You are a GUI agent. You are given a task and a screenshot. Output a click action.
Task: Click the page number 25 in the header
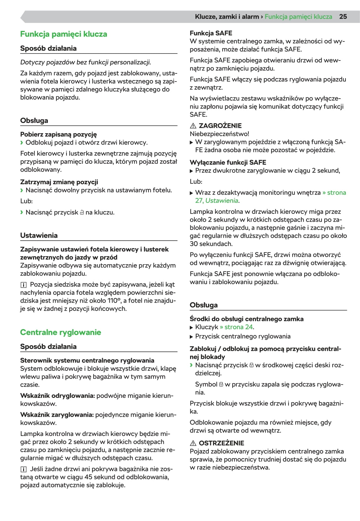[x=343, y=17]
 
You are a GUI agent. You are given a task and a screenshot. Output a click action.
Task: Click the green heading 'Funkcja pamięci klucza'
[x=63, y=34]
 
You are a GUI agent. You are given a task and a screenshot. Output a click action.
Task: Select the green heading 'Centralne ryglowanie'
[x=61, y=332]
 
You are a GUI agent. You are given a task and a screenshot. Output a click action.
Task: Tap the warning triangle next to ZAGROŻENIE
[x=193, y=126]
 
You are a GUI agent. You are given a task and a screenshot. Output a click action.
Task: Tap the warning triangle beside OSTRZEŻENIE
[x=193, y=443]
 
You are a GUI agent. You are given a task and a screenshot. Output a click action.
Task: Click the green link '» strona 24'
[x=237, y=327]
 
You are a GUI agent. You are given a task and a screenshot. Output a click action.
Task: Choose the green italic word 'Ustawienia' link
[x=222, y=201]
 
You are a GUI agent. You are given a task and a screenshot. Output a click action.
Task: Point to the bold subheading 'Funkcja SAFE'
[x=211, y=33]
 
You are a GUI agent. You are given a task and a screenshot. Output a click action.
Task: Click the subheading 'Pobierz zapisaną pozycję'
[x=58, y=135]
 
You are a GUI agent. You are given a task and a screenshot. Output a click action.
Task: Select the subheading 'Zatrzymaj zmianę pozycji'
[x=59, y=182]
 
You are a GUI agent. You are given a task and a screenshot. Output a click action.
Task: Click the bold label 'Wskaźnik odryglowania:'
[x=57, y=396]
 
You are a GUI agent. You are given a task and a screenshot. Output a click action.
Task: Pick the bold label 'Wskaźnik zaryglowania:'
[x=57, y=415]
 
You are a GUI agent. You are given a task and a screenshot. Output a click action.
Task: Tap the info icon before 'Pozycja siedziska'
[x=23, y=285]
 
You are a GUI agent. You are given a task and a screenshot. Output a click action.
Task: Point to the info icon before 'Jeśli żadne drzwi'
[x=23, y=469]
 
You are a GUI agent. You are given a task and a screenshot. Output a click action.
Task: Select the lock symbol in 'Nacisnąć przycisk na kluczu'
[x=82, y=213]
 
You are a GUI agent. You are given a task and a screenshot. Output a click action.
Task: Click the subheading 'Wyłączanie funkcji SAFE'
[x=228, y=163]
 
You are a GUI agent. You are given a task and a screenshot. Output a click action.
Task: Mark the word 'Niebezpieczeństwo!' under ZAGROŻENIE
[x=219, y=134]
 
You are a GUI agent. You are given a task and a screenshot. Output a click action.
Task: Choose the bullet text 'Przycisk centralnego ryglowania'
[x=243, y=336]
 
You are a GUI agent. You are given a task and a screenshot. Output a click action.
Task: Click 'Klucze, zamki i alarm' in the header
[x=227, y=17]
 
